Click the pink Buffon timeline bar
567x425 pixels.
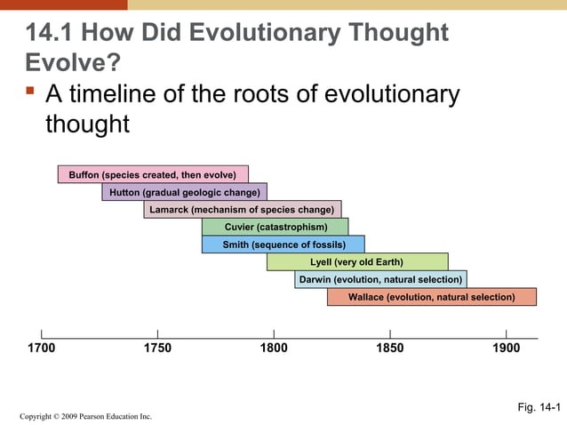pyautogui.click(x=153, y=174)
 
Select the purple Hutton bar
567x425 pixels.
pyautogui.click(x=184, y=192)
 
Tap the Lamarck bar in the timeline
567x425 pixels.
pyautogui.click(x=242, y=210)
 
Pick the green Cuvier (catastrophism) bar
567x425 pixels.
pyautogui.click(x=275, y=227)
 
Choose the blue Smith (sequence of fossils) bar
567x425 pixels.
pyautogui.click(x=283, y=245)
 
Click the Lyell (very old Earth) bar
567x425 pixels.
pyautogui.click(x=357, y=262)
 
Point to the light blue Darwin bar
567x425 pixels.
pyautogui.click(x=380, y=279)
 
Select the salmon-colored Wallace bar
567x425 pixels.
pyautogui.click(x=431, y=297)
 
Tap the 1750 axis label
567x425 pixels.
pyautogui.click(x=157, y=349)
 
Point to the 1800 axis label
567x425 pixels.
pyautogui.click(x=274, y=349)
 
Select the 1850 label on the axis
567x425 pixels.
pyautogui.click(x=389, y=349)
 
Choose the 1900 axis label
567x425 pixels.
pyautogui.click(x=506, y=349)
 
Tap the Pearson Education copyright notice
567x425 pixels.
pyautogui.click(x=85, y=416)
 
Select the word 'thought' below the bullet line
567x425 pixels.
pyautogui.click(x=87, y=124)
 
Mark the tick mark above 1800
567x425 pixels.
pyautogui.click(x=274, y=333)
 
